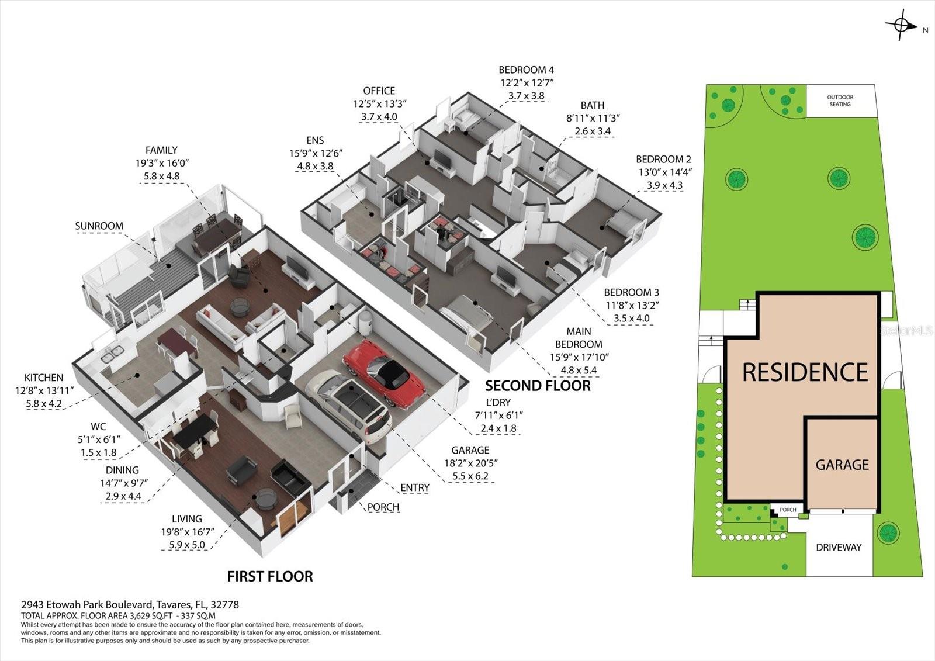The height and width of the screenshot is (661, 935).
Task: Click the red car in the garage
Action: pyautogui.click(x=386, y=374)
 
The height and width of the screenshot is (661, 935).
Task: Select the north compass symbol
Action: pyautogui.click(x=901, y=26)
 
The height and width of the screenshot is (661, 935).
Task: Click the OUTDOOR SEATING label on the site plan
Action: pyautogui.click(x=840, y=101)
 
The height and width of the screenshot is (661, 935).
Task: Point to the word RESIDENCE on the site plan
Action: pyautogui.click(x=805, y=372)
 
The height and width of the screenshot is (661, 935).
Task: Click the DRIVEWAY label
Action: pyautogui.click(x=839, y=548)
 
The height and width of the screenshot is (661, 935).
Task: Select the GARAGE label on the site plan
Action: pyautogui.click(x=842, y=465)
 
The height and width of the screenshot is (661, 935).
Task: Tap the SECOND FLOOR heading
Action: pyautogui.click(x=538, y=386)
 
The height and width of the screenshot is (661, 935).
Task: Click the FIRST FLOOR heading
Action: pyautogui.click(x=270, y=576)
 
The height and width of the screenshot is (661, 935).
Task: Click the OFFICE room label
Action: pyautogui.click(x=379, y=91)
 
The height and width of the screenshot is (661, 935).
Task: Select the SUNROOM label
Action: pyautogui.click(x=99, y=226)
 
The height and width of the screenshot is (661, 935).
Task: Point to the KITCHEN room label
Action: pyautogui.click(x=43, y=378)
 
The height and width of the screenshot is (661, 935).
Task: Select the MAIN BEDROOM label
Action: pyautogui.click(x=578, y=338)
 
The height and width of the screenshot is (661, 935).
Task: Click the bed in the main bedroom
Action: pyautogui.click(x=467, y=313)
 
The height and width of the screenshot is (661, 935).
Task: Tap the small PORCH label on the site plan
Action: pyautogui.click(x=788, y=510)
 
